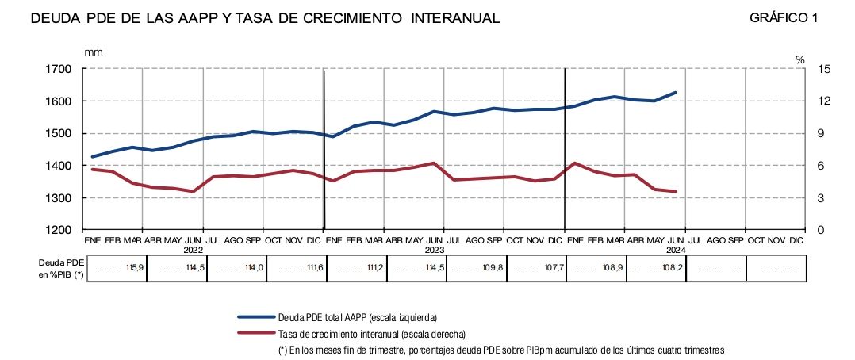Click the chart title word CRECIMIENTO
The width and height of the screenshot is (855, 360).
[x=355, y=18]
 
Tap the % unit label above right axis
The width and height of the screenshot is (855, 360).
[x=800, y=59]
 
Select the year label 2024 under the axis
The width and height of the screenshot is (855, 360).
[x=675, y=248]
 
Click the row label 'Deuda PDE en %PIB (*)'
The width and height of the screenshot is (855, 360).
[x=61, y=268]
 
